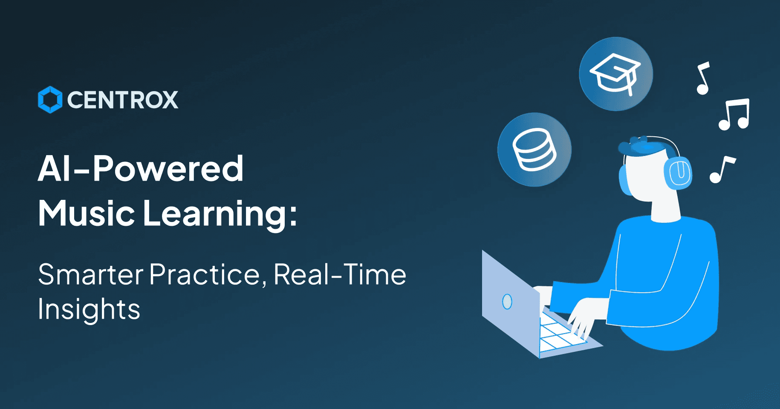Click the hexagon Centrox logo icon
pos(50,100)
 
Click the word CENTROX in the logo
pos(123,100)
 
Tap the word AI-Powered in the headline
pos(141,169)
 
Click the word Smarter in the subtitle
pos(91,274)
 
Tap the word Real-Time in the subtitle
pos(340,274)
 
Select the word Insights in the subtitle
pos(89,309)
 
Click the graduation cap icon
pos(615,75)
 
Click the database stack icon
pos(534,150)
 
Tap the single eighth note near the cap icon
pos(703,78)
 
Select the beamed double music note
pos(734,114)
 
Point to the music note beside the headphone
pos(722,170)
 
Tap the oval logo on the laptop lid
pos(507,302)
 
